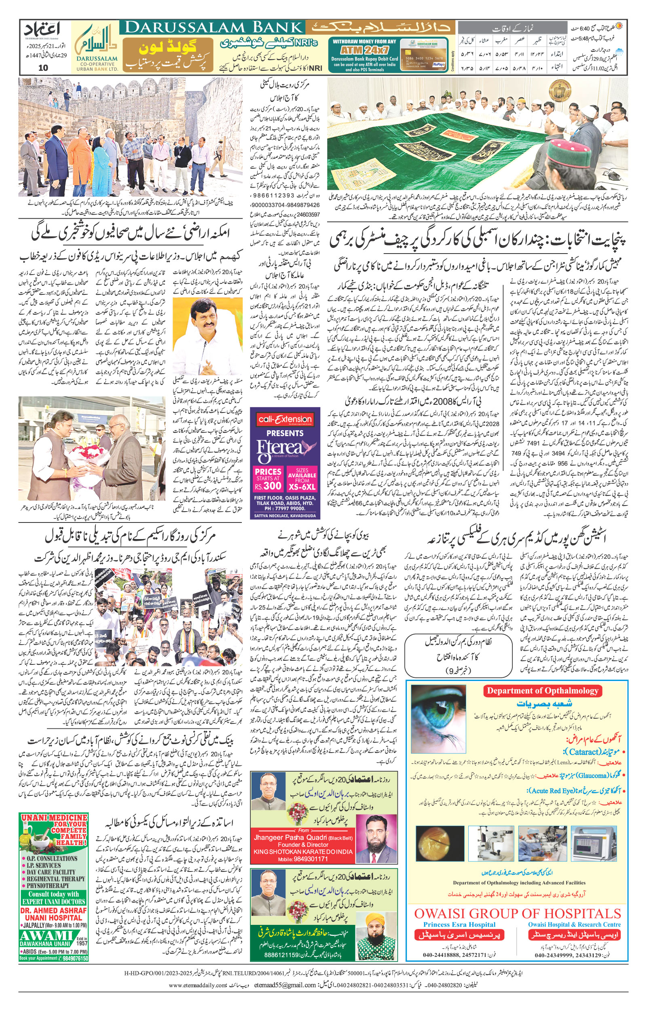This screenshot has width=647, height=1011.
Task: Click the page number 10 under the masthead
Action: coord(43,68)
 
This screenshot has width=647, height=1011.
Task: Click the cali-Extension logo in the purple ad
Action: coord(285,419)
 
